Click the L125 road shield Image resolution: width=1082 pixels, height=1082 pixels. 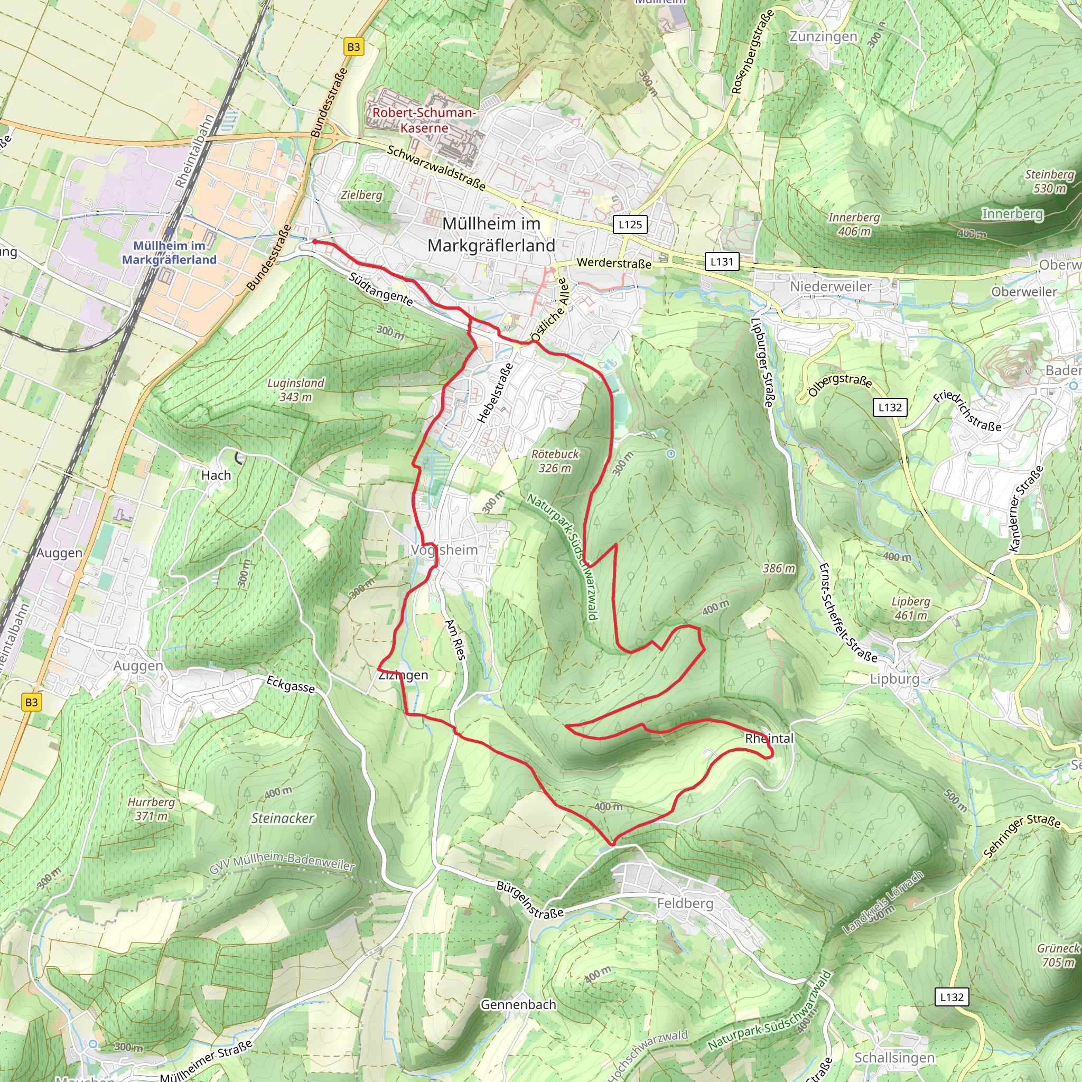click(x=630, y=225)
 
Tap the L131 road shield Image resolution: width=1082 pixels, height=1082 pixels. click(x=722, y=261)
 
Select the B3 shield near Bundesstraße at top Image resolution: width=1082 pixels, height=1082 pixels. click(x=353, y=47)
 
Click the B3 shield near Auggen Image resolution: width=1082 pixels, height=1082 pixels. click(x=31, y=702)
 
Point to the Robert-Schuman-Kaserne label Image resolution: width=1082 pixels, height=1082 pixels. click(x=424, y=120)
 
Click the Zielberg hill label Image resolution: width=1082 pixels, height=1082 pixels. click(x=361, y=195)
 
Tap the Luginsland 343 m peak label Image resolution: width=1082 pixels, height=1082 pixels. click(x=296, y=390)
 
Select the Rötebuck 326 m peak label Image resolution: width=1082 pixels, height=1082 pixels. click(x=555, y=461)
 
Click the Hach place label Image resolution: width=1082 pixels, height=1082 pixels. click(x=216, y=475)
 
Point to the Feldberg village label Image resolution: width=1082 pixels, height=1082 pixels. click(x=685, y=903)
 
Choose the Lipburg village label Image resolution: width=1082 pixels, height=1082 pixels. click(x=894, y=679)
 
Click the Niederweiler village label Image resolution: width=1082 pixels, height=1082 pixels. click(x=831, y=287)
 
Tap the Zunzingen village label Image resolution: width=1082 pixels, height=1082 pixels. click(x=823, y=36)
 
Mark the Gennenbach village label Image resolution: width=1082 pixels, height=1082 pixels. click(x=519, y=1005)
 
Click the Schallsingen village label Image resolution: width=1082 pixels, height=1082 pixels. click(x=894, y=1058)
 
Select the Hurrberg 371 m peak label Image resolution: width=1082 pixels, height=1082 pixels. click(x=151, y=809)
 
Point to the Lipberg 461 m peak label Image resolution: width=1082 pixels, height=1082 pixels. click(x=911, y=608)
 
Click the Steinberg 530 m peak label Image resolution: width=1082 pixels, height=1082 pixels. click(x=1050, y=181)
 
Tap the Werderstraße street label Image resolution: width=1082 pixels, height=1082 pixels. click(x=614, y=263)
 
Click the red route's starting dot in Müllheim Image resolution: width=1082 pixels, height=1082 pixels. click(x=315, y=241)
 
